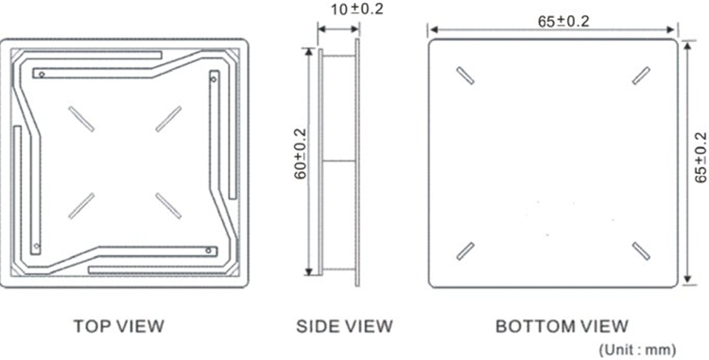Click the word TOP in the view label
coord(91,326)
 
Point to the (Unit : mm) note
coord(637,350)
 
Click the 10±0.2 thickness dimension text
coord(356,9)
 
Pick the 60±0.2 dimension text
coord(301,154)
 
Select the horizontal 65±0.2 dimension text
coord(563,21)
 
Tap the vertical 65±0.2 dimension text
coord(700,158)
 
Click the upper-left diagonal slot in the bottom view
coord(465,76)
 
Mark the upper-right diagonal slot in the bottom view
coord(641,76)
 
